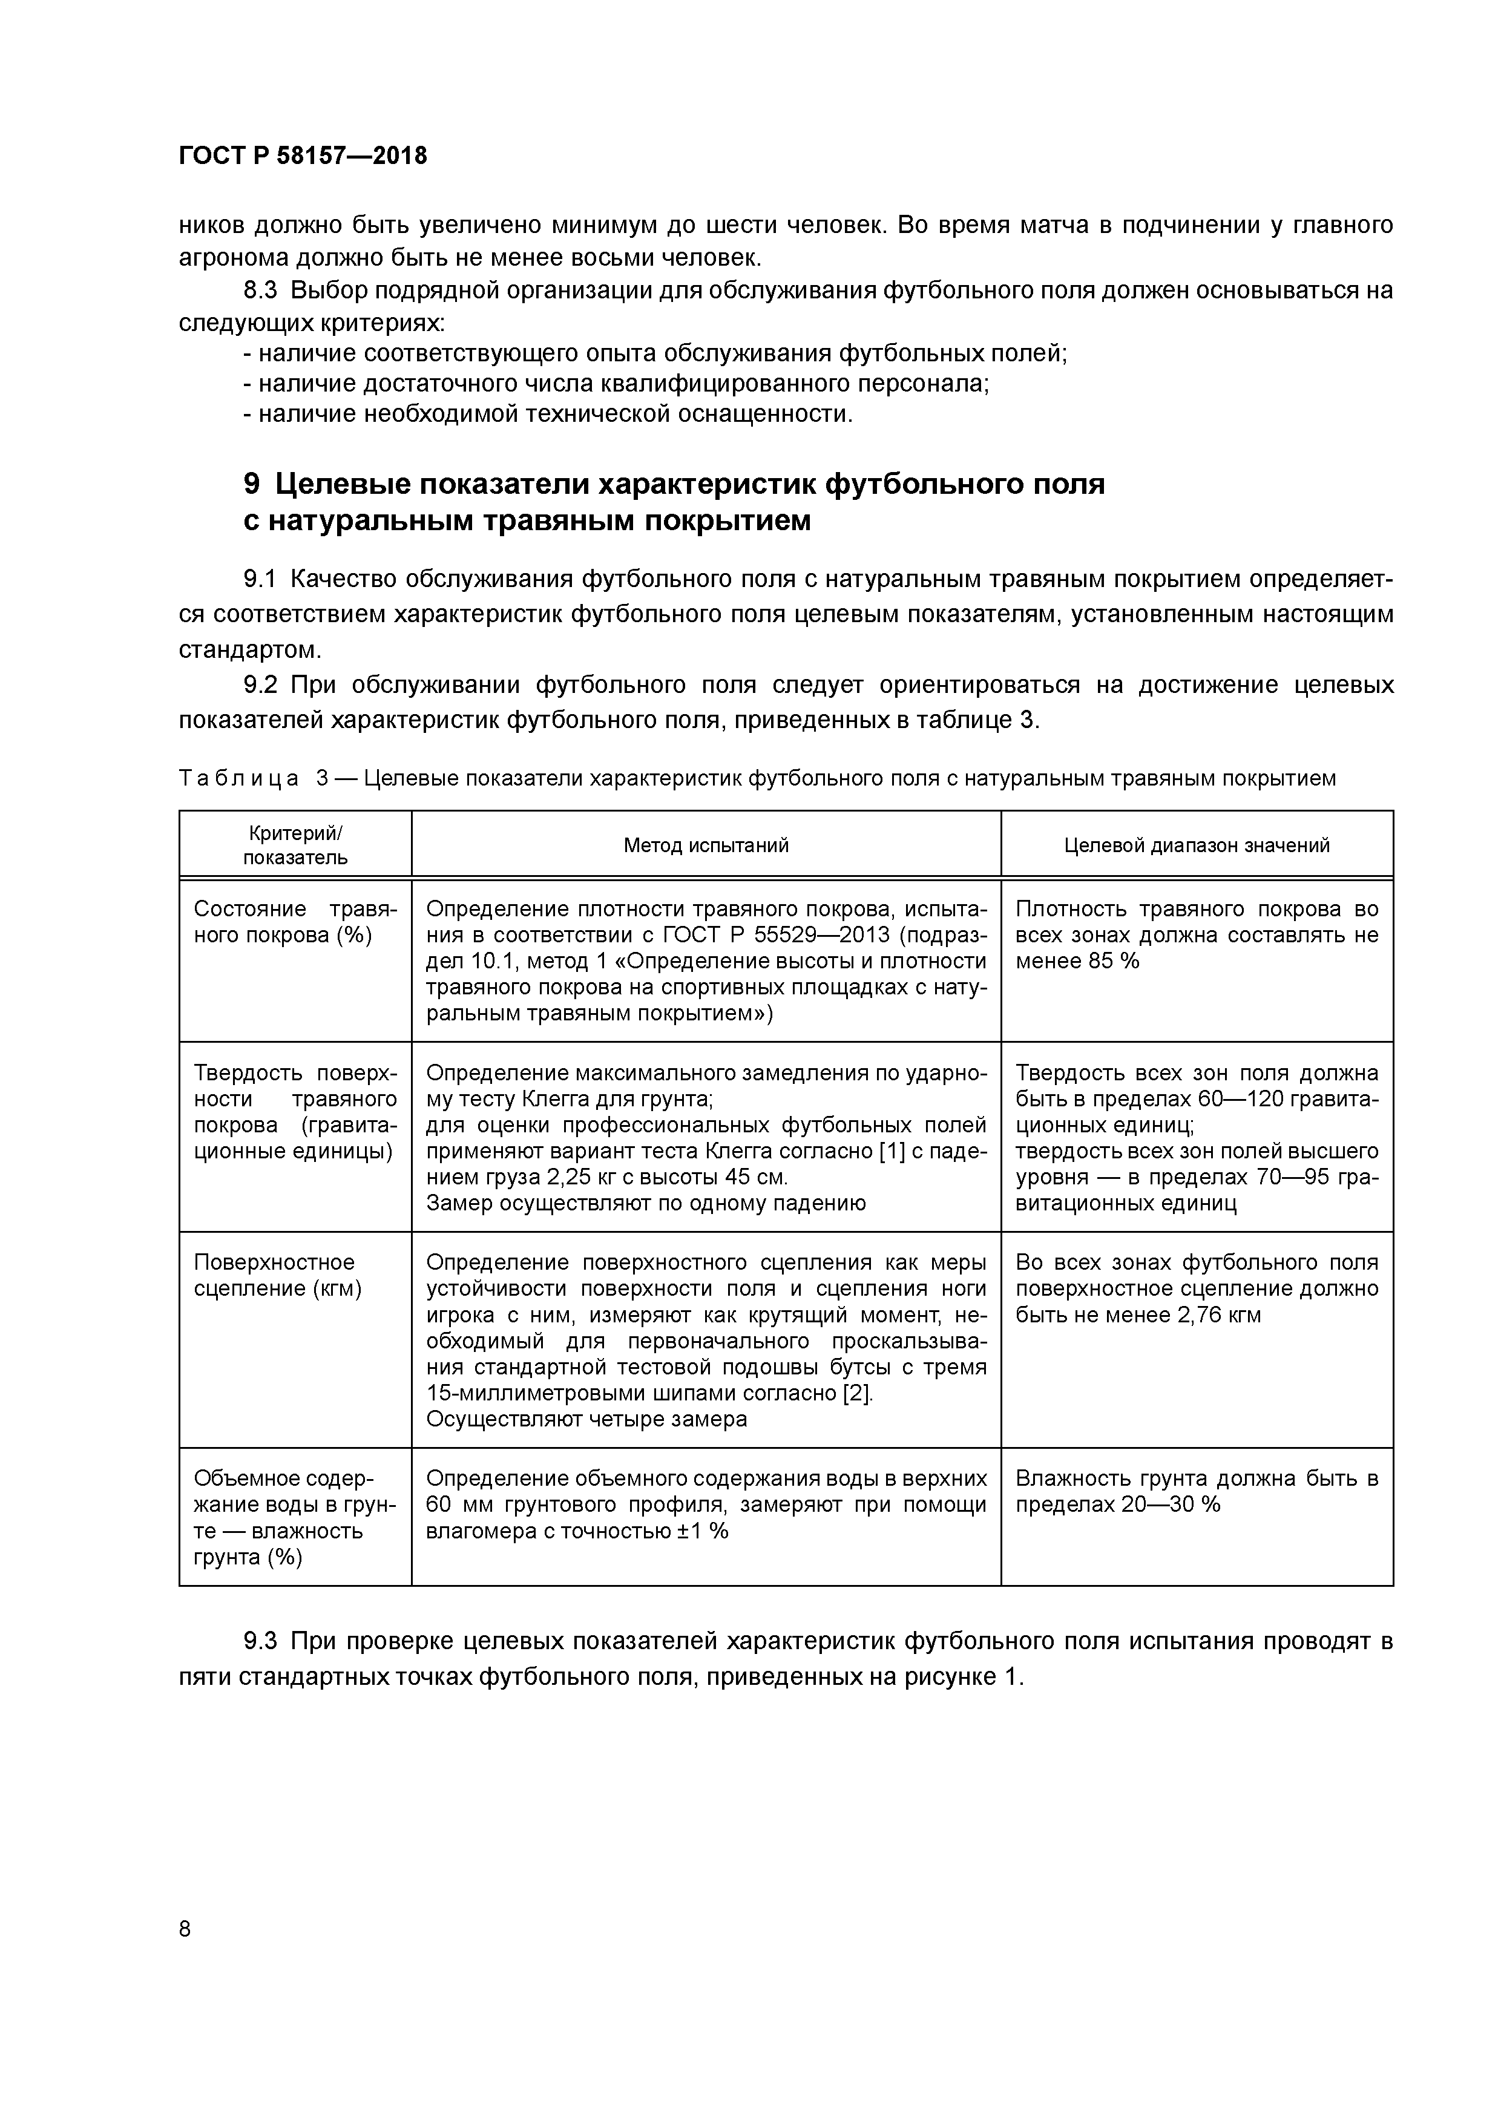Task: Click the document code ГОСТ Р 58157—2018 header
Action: pos(303,156)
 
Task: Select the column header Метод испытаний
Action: pos(706,844)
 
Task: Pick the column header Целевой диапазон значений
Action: pos(1197,844)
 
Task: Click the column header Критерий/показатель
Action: pos(295,844)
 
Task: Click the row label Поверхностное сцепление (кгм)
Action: pos(275,1275)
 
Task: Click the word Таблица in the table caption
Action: pos(238,778)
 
